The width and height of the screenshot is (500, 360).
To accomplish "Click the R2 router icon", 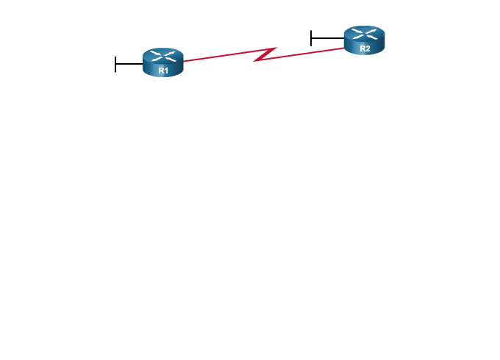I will point(364,40).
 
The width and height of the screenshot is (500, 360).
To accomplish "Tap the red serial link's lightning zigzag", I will point(265,54).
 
